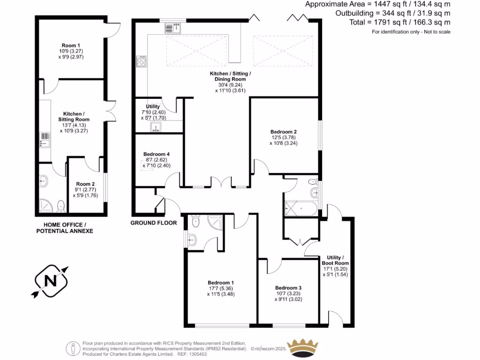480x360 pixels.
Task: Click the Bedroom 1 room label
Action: click(x=221, y=283)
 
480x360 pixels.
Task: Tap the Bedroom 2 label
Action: click(x=284, y=132)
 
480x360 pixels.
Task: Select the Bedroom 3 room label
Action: click(x=288, y=288)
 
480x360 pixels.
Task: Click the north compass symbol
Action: click(x=51, y=281)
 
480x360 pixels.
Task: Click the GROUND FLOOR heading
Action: click(x=153, y=223)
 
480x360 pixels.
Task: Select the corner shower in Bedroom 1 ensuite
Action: click(x=216, y=222)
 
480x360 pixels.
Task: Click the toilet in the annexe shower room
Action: click(x=60, y=205)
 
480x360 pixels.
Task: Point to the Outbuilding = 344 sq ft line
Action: click(x=393, y=13)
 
